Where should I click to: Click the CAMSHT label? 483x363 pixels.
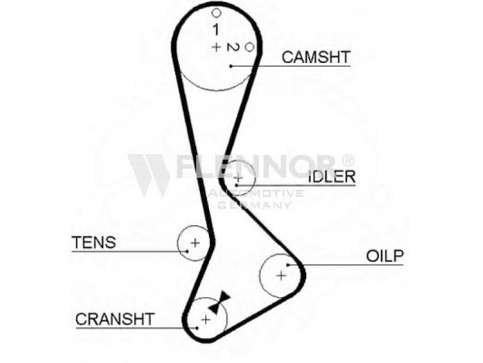[x=316, y=57]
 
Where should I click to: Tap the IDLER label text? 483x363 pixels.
[x=332, y=177]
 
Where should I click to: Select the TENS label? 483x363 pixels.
[x=94, y=243]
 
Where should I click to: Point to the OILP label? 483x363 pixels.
[x=385, y=256]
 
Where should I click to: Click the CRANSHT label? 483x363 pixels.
[x=115, y=319]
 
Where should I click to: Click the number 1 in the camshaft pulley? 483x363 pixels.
[x=216, y=30]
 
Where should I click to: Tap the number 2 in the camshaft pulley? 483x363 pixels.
[x=233, y=47]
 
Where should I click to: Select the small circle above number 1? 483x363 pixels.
[x=217, y=13]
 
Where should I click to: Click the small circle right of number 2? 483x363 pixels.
[x=249, y=47]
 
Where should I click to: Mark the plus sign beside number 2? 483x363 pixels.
[x=216, y=47]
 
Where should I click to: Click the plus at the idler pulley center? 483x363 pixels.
[x=238, y=177]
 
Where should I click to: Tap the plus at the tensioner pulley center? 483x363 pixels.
[x=195, y=243]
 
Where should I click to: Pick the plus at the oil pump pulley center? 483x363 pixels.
[x=281, y=275]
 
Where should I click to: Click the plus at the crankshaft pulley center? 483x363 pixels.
[x=206, y=319]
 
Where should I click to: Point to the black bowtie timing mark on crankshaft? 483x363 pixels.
[x=220, y=302]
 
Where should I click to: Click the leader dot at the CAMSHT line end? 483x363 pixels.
[x=231, y=66]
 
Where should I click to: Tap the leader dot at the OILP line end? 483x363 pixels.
[x=288, y=264]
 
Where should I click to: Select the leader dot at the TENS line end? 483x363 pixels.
[x=187, y=251]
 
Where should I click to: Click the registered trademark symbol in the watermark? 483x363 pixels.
[x=348, y=160]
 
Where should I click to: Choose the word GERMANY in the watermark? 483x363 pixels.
[x=254, y=205]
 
